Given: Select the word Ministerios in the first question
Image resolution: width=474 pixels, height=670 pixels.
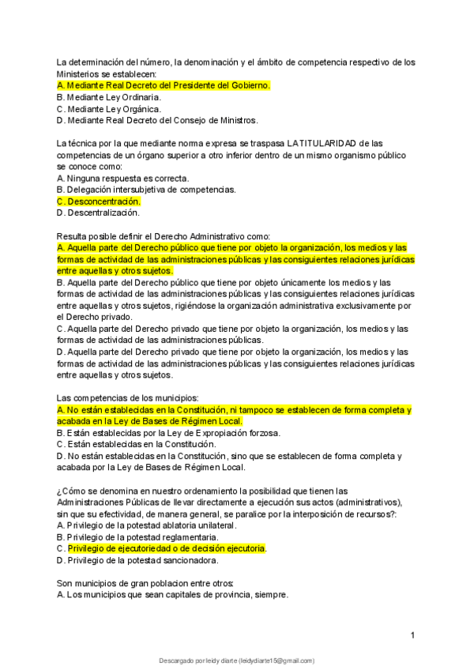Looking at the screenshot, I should (x=81, y=73).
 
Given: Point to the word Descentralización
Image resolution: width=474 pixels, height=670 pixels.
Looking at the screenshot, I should (x=103, y=213).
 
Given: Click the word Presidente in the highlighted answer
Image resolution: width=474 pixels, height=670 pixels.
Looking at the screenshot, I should (x=194, y=85).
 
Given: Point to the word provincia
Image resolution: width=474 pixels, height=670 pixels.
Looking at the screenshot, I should (x=241, y=595).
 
